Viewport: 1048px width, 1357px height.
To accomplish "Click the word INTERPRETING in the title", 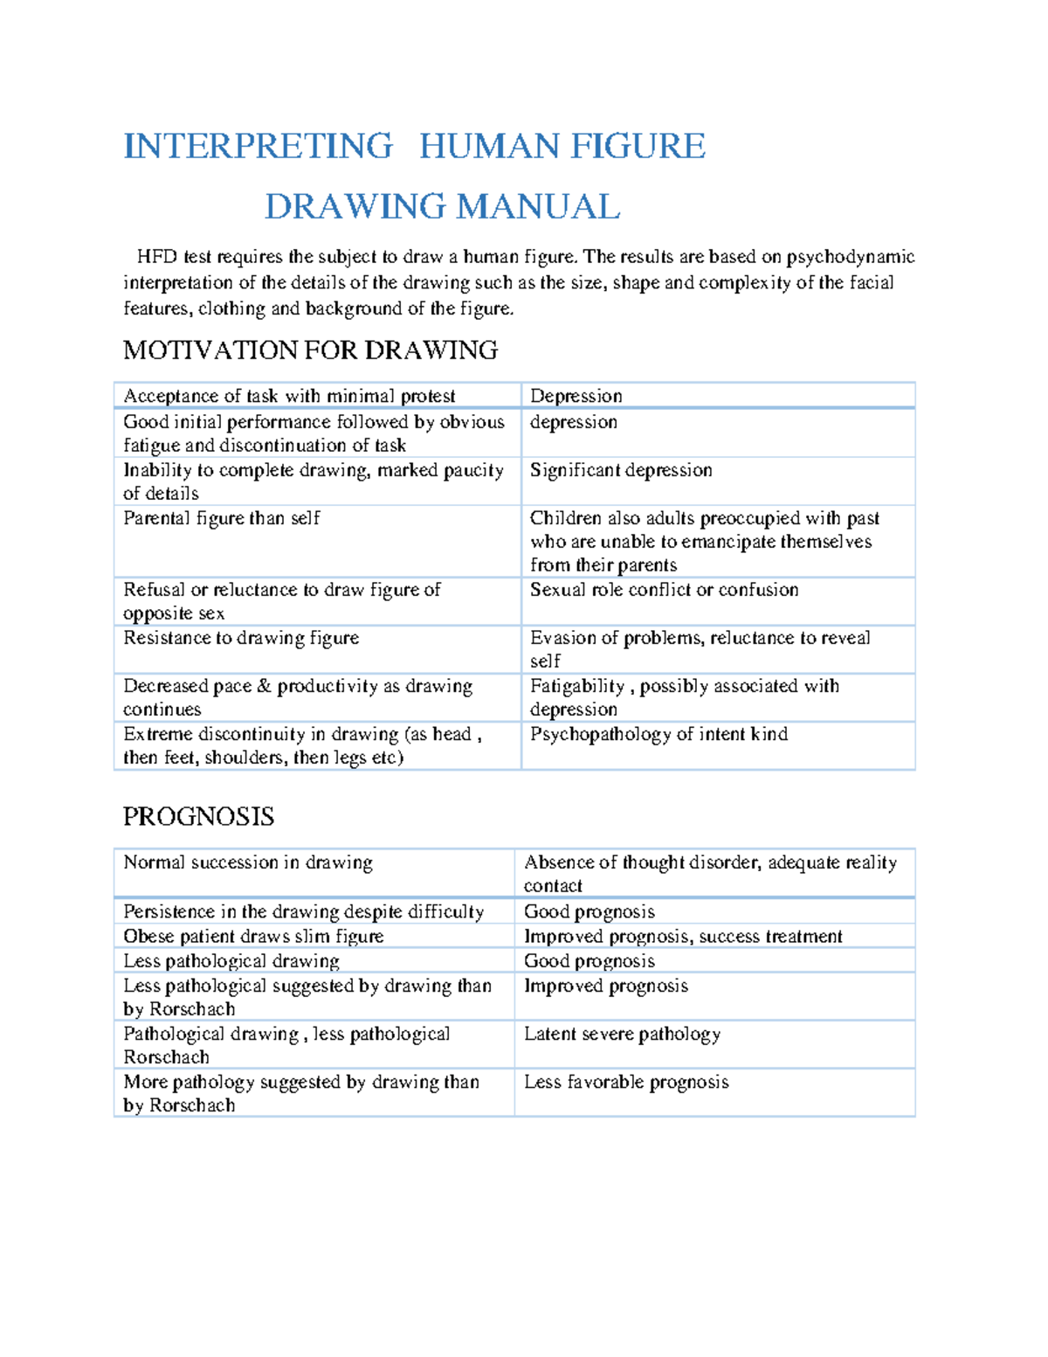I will (x=258, y=146).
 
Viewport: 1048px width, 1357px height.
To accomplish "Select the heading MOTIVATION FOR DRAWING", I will (x=310, y=350).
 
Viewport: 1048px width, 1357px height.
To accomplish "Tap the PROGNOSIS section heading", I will (x=198, y=817).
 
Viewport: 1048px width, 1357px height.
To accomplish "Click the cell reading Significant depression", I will (x=621, y=470).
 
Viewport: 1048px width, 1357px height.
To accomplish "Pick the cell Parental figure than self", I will (x=222, y=518).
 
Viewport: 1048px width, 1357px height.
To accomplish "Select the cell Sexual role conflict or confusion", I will (x=664, y=590).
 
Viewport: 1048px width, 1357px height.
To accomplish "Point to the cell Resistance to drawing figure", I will (x=241, y=638).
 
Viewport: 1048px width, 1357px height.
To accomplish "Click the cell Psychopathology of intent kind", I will (x=658, y=734).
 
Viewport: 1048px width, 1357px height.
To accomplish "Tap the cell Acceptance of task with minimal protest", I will (x=289, y=396).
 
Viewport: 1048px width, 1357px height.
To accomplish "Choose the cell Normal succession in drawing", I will (x=248, y=862).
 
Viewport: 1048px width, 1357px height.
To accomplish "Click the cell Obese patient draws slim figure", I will (x=253, y=937).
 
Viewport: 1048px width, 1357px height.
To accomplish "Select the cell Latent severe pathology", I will (x=622, y=1035).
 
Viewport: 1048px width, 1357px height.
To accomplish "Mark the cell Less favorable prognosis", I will (x=626, y=1083).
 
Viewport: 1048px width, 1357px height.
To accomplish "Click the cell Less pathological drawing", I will (x=231, y=961).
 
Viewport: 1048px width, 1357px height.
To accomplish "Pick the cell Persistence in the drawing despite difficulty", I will (x=303, y=912).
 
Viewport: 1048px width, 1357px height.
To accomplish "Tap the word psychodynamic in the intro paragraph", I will (x=850, y=257).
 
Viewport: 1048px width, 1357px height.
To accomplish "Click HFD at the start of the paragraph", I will (x=157, y=257).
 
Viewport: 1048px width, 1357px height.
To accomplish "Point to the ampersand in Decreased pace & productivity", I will (x=265, y=687).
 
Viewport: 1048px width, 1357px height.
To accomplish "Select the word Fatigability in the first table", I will (x=577, y=687).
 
